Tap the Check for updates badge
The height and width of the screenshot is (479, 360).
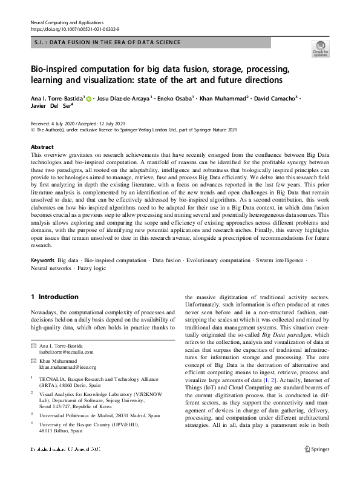click(321, 48)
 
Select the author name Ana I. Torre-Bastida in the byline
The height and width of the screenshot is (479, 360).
click(57, 98)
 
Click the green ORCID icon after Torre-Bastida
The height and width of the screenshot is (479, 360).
click(88, 98)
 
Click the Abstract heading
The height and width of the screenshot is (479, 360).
click(43, 147)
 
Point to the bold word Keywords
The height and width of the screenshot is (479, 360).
click(43, 277)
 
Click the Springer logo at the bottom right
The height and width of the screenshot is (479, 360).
click(318, 466)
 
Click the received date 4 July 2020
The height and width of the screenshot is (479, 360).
click(67, 121)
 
